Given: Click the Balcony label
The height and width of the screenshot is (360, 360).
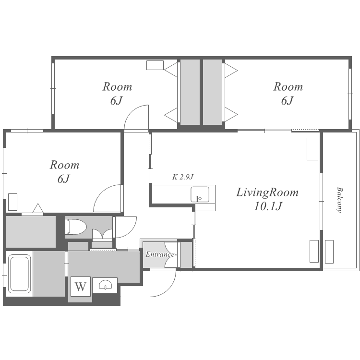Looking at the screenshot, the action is [339, 200].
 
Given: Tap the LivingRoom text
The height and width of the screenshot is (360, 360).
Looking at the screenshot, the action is [267, 192].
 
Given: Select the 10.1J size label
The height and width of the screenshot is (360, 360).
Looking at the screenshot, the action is [268, 206].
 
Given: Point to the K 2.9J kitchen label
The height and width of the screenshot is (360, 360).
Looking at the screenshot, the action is [183, 177].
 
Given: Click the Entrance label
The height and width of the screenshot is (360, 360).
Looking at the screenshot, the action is [160, 254].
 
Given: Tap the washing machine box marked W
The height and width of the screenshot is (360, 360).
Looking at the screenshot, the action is [81, 286].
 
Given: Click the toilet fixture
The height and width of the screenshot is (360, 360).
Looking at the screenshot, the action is [76, 227].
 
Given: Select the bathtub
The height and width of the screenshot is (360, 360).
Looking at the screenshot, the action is [20, 274].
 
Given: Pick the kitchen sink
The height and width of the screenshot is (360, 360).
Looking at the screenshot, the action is [200, 194].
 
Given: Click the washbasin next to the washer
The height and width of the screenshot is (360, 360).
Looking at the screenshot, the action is [105, 285].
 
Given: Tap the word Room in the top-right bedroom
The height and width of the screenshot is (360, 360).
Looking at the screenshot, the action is [288, 87].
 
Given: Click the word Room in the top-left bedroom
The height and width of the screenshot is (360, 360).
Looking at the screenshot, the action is [117, 87].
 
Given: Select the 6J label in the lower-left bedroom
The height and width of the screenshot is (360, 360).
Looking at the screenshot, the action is [63, 179].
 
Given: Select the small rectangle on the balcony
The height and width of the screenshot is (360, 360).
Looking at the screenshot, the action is [329, 252].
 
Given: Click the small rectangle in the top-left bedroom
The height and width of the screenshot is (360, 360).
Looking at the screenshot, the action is [155, 65].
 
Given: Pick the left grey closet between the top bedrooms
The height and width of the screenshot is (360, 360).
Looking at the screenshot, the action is [190, 92].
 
